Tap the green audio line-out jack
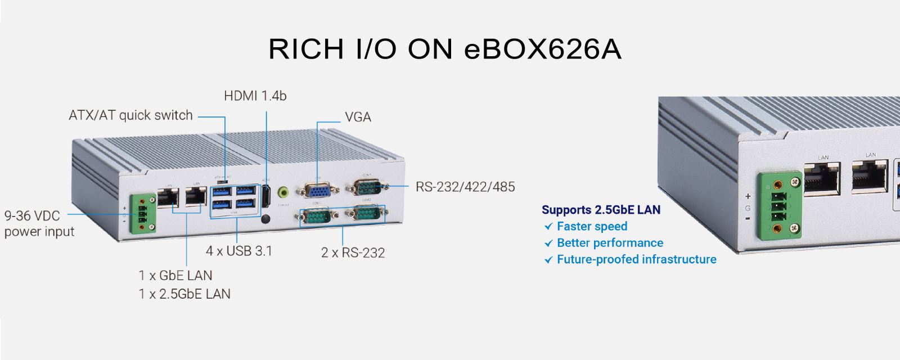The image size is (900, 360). tap(285, 193)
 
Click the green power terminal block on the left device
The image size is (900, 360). tap(142, 214)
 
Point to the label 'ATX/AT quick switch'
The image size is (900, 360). tap(130, 115)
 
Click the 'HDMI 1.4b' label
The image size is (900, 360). tap(255, 96)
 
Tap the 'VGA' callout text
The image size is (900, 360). tap(358, 117)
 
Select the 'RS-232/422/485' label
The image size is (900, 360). tap(465, 187)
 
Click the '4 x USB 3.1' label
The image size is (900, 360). tap(239, 251)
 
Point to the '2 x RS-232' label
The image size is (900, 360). tap(353, 253)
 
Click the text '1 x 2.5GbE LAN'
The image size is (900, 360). tap(184, 294)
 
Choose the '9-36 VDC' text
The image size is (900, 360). tap(32, 216)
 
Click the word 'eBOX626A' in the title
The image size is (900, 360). tap(543, 49)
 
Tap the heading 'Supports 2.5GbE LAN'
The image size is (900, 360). tap(601, 210)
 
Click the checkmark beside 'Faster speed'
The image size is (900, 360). tap(548, 227)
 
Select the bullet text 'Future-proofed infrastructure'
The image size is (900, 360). tap(636, 259)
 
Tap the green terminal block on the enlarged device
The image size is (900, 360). tap(779, 205)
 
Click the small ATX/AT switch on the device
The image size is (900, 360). tap(223, 181)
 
